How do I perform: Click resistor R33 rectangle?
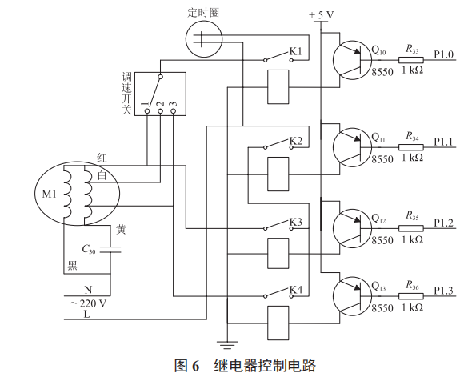coord(412,61)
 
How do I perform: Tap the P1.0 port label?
coord(444,54)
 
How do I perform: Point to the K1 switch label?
coord(296,52)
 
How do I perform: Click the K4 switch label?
coord(296,289)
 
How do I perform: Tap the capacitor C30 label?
coord(89,250)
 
